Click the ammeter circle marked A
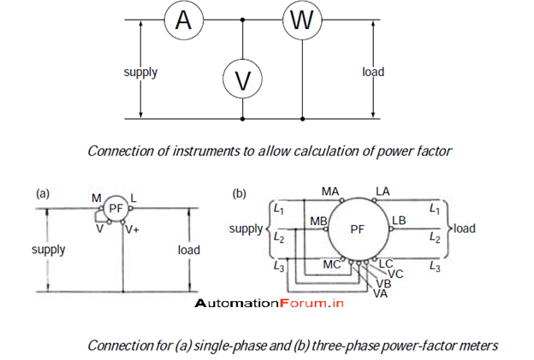point(183,21)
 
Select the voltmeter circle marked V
point(243,80)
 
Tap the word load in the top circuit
point(373,72)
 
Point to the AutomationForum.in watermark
point(268,304)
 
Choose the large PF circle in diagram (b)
point(358,228)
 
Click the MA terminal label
point(331,191)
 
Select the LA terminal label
point(383,191)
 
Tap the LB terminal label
point(399,221)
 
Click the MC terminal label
point(332,265)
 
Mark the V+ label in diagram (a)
point(132,229)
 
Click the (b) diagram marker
point(240,194)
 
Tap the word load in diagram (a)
point(189,250)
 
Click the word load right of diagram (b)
point(464,228)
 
